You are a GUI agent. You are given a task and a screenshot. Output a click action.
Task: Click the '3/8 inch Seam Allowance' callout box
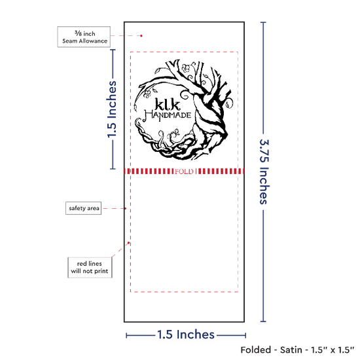click(x=84, y=37)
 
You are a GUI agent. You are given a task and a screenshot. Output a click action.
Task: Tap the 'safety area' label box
click(x=84, y=208)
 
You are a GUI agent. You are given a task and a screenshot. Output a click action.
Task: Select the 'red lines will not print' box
click(x=90, y=268)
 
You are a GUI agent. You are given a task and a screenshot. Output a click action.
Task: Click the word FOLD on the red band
click(x=184, y=171)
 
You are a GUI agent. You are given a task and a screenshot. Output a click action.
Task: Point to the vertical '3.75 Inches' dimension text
click(x=264, y=171)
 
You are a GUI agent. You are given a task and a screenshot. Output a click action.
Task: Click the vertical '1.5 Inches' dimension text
click(x=112, y=109)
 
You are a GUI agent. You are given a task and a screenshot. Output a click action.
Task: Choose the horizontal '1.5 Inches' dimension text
click(x=186, y=334)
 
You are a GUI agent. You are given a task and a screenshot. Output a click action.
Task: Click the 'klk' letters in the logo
click(x=168, y=105)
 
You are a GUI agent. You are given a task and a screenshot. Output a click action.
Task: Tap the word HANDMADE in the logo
click(x=168, y=115)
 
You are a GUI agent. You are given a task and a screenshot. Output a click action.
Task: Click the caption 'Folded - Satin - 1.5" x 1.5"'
click(x=297, y=350)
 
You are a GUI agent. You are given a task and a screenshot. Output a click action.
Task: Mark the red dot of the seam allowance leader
click(x=141, y=36)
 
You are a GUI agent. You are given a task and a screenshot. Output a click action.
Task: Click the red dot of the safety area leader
click(x=126, y=208)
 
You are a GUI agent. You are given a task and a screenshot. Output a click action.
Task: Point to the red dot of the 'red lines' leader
click(x=128, y=243)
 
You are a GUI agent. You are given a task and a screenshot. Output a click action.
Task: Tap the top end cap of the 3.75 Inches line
click(x=263, y=22)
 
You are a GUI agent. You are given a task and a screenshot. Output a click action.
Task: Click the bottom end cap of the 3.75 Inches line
click(x=263, y=321)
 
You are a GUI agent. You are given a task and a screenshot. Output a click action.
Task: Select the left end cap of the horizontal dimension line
click(x=126, y=335)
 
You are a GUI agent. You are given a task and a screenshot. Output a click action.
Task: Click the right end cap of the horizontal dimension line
click(x=245, y=335)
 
